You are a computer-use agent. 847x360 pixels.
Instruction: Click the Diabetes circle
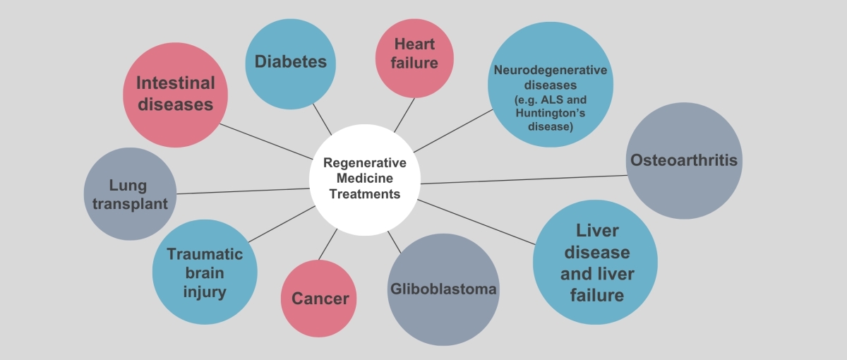tap(290, 64)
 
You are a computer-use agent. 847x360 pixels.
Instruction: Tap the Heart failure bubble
tap(414, 58)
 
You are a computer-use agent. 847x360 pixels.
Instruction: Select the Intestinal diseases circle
tap(176, 95)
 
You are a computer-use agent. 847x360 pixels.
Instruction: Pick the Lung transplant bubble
tap(130, 193)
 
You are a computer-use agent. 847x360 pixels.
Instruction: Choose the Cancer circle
tap(318, 299)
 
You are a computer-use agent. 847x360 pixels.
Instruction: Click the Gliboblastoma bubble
tap(443, 289)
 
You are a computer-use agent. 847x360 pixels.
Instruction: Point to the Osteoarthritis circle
tap(684, 161)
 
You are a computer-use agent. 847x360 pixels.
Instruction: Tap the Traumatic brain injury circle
tap(205, 272)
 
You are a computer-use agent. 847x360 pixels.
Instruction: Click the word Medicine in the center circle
tap(364, 178)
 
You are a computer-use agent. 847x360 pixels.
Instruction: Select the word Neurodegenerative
tap(550, 70)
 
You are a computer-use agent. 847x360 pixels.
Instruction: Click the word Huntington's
tap(550, 113)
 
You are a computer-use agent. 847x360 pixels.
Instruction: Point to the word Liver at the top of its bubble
tap(597, 231)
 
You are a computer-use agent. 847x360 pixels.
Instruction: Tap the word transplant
tap(130, 204)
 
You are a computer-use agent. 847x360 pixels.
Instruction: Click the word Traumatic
tap(205, 254)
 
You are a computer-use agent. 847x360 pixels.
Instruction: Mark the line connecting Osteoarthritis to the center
tap(524, 179)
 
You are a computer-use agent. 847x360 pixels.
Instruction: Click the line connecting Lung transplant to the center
tap(243, 191)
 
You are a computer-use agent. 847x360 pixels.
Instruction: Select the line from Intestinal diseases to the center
tap(266, 141)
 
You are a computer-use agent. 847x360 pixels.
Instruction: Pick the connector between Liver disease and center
tap(476, 222)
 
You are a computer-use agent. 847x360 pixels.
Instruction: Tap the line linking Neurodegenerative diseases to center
tap(453, 131)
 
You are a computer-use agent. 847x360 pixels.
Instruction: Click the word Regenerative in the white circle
tap(364, 162)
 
